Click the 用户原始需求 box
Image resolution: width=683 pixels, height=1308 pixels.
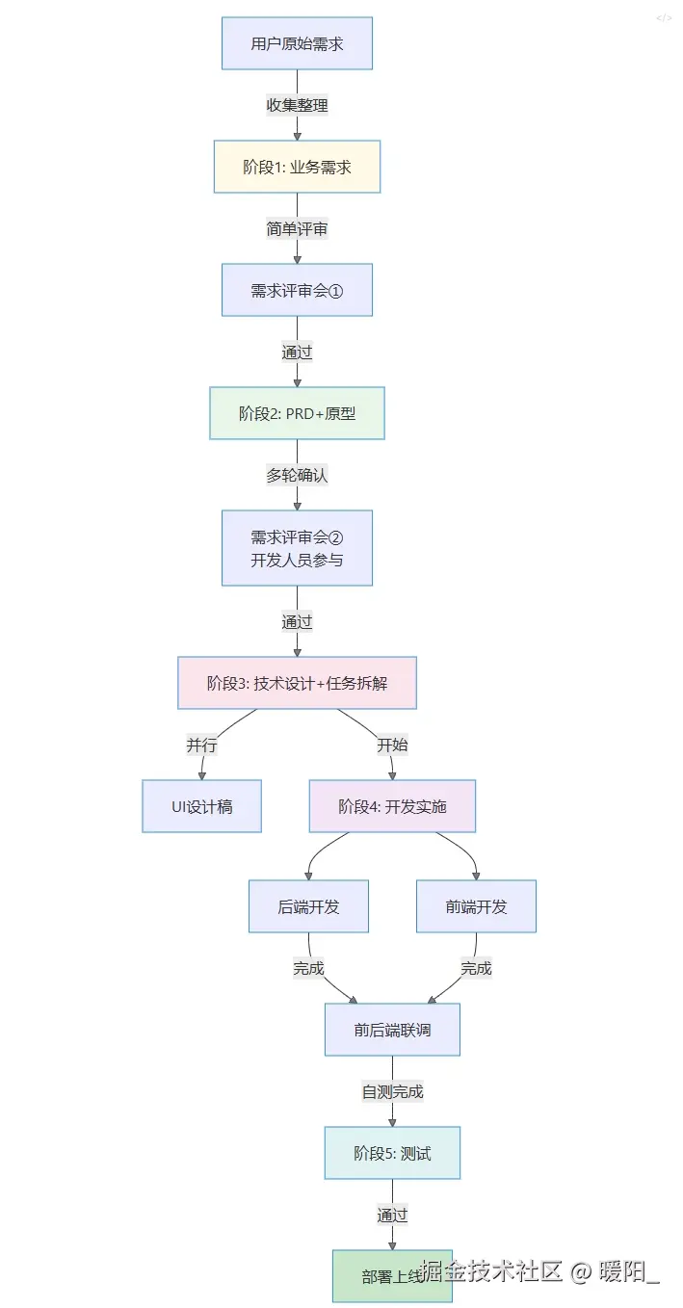tap(297, 43)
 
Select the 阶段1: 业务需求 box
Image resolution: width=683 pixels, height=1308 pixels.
tap(297, 167)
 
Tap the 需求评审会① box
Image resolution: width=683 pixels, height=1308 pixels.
tap(297, 290)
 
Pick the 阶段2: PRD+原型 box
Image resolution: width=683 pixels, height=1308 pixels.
tap(297, 413)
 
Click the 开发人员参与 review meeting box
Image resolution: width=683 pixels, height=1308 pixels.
tap(297, 548)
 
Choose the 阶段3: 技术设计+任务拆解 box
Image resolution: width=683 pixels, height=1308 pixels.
tap(297, 683)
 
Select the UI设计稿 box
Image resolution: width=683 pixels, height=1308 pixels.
tap(202, 806)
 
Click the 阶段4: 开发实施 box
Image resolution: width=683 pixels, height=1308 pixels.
tap(392, 806)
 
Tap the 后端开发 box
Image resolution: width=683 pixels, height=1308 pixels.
tap(308, 906)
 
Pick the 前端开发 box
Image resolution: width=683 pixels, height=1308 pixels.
tap(476, 906)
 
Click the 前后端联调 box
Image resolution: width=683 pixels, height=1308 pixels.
tap(392, 1030)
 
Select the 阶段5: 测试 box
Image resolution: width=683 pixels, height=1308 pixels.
tap(392, 1153)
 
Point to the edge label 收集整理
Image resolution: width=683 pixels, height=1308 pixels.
tap(297, 105)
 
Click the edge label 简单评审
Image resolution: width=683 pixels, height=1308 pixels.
tap(297, 228)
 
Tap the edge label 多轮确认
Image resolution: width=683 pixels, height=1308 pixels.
tap(297, 475)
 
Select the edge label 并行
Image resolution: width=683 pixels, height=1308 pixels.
tap(202, 745)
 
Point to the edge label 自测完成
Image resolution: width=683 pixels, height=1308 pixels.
tap(392, 1091)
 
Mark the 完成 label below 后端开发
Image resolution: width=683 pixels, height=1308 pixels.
tap(308, 968)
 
